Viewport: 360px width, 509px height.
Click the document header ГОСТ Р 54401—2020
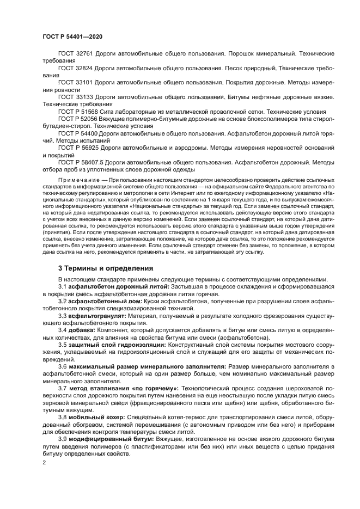pos(72,36)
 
